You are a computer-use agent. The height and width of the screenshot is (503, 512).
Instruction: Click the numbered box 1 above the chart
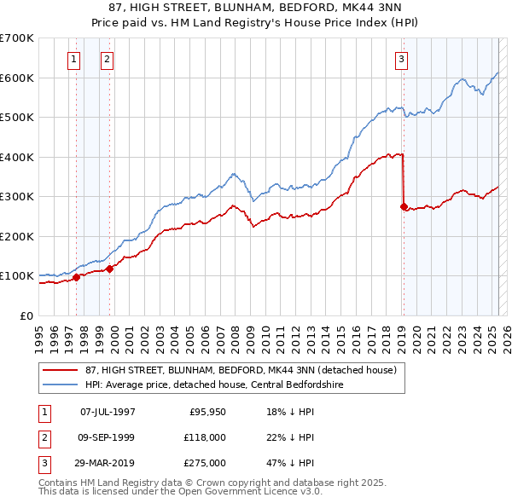coord(73,59)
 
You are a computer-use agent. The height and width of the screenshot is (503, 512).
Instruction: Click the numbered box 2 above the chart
coord(107,59)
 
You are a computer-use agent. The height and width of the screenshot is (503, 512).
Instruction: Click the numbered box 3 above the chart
coord(401,59)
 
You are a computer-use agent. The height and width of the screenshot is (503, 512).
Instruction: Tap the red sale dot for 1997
coord(76,277)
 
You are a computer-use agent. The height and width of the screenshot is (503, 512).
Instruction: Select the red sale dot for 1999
coord(109,269)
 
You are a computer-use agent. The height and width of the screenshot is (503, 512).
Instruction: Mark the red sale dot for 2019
coord(404,206)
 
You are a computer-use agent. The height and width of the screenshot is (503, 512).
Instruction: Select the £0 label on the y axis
coord(26,315)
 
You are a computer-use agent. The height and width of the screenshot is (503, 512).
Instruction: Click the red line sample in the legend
coord(61,371)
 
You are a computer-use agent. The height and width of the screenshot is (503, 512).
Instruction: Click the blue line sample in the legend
coord(61,384)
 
